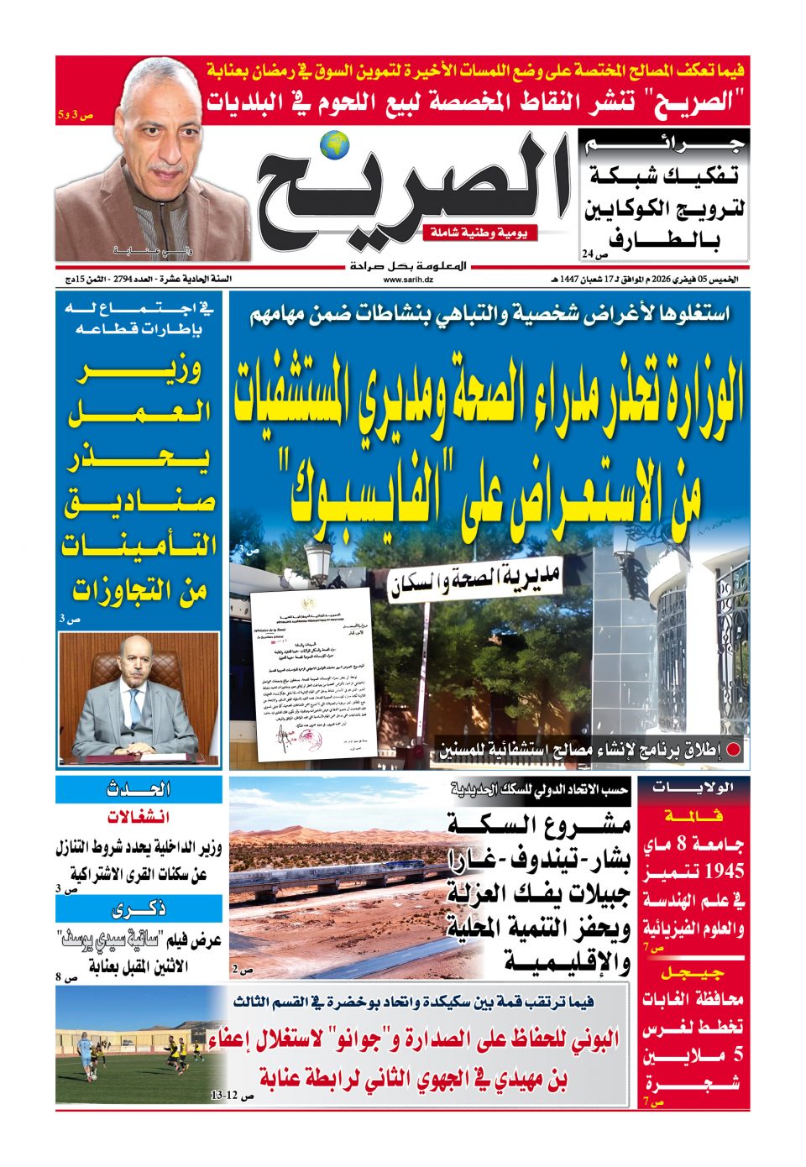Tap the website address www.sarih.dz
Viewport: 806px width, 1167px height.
pyautogui.click(x=404, y=280)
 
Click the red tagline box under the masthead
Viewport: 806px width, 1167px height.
pyautogui.click(x=480, y=233)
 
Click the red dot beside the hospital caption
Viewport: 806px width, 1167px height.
pyautogui.click(x=733, y=751)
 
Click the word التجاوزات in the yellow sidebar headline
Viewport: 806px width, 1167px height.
pyautogui.click(x=140, y=589)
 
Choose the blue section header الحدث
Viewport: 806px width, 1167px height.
pyautogui.click(x=139, y=789)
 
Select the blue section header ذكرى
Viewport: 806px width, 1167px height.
pyautogui.click(x=139, y=908)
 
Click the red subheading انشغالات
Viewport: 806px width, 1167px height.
pyautogui.click(x=139, y=817)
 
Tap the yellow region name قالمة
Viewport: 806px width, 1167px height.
pyautogui.click(x=693, y=815)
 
